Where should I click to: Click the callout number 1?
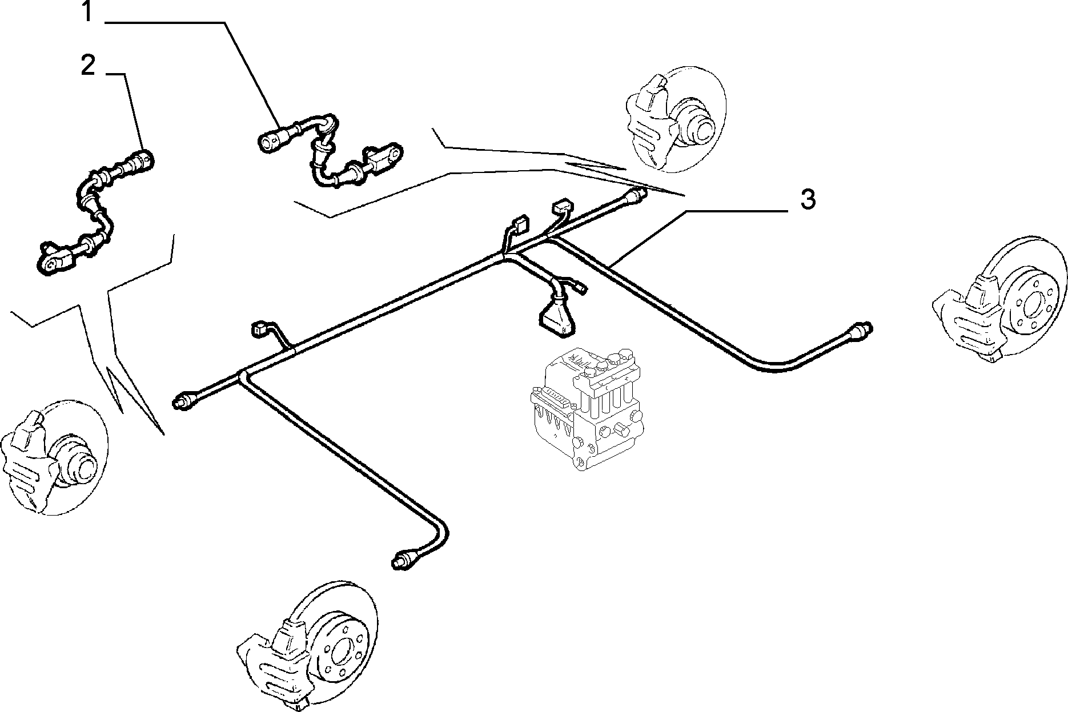pos(87,13)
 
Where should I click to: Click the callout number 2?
pos(87,66)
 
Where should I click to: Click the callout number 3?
pos(807,200)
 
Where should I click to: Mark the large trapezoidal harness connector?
pos(555,317)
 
